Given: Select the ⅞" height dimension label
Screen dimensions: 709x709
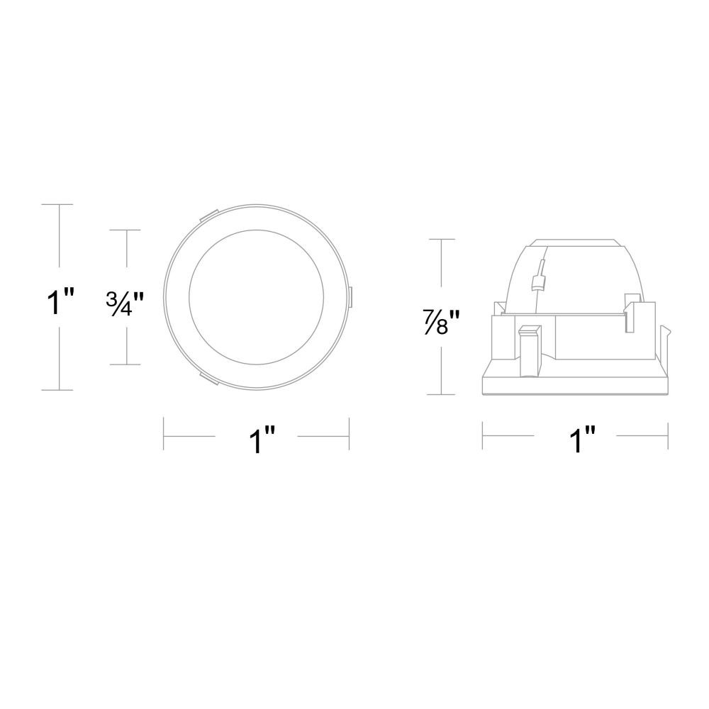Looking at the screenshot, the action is (x=442, y=321).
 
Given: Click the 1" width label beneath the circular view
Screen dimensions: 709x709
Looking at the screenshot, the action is (x=263, y=440).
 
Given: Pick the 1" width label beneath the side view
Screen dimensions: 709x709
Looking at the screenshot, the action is (x=582, y=440).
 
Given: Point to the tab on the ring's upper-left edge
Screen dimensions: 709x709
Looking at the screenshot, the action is (x=208, y=216).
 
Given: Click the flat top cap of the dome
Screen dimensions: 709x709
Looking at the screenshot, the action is (x=575, y=243).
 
